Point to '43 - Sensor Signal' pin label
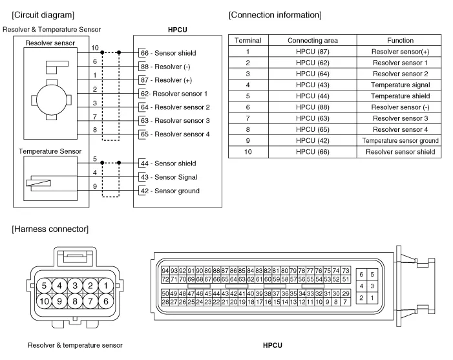click(x=168, y=177)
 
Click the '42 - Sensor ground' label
click(x=169, y=191)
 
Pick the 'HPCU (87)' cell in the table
click(x=312, y=51)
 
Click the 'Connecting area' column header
click(x=312, y=40)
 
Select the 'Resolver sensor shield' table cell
click(x=400, y=152)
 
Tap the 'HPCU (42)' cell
click(x=312, y=140)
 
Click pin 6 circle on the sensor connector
click(x=105, y=300)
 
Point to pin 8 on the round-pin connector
click(x=75, y=300)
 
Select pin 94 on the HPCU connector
click(x=165, y=270)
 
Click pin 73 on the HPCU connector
click(x=346, y=270)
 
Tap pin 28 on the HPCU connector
click(x=165, y=302)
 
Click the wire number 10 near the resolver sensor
click(x=95, y=48)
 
